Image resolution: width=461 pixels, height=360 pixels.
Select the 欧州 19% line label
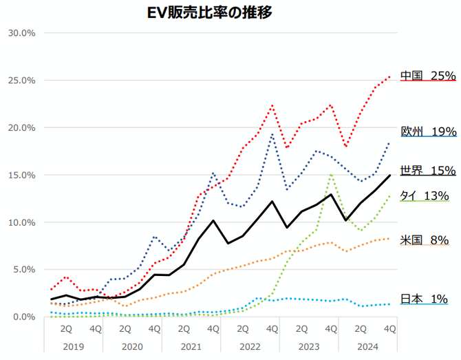click(428, 131)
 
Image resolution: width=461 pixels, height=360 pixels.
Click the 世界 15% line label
click(428, 170)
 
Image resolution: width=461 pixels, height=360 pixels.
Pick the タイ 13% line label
click(425, 195)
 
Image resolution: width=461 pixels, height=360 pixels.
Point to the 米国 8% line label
click(425, 240)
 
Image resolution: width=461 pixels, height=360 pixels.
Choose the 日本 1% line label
click(425, 299)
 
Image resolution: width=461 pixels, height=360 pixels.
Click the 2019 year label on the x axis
click(74, 346)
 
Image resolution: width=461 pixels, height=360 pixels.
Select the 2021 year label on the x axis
click(191, 346)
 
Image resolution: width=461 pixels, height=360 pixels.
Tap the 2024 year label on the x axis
click(368, 346)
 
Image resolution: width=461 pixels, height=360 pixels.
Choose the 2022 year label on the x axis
click(250, 346)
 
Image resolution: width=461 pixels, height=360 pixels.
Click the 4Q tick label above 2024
click(389, 329)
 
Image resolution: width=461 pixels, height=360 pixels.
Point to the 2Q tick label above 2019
click(67, 329)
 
